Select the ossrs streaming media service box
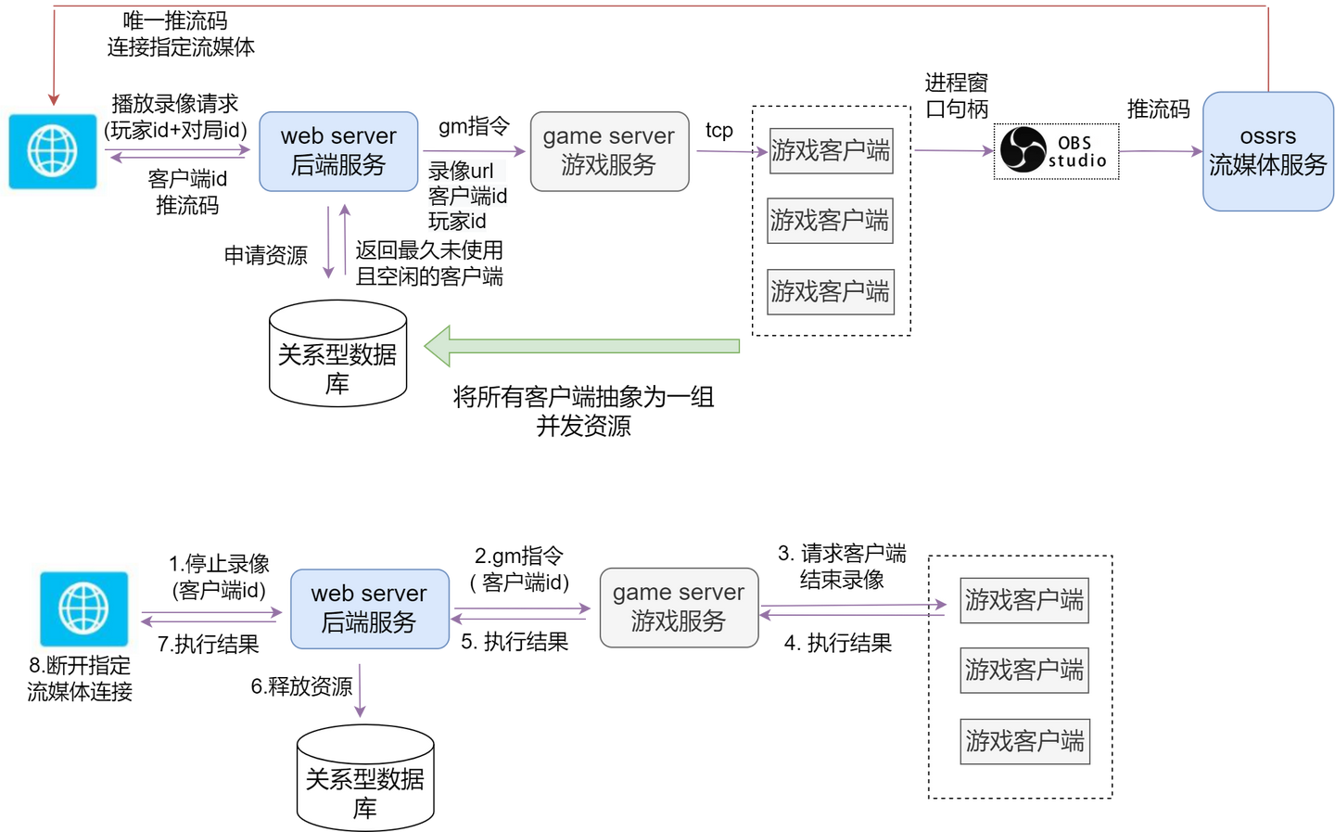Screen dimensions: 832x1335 coord(1267,151)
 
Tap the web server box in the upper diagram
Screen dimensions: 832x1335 coord(338,151)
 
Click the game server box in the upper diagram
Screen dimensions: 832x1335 coord(609,151)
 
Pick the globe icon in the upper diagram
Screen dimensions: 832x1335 coord(53,150)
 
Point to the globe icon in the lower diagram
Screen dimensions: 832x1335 coord(83,608)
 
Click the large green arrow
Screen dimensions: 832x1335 coord(582,346)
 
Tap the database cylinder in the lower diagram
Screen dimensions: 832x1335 coord(365,779)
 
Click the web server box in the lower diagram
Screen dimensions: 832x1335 coord(369,608)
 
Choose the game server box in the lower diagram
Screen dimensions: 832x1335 coord(679,608)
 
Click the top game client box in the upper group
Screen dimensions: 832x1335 coord(830,150)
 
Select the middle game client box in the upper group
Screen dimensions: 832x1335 coord(830,221)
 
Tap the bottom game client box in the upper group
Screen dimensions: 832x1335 coord(830,291)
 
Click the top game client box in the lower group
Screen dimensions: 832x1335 coord(1023,600)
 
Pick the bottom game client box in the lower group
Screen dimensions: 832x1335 coord(1024,741)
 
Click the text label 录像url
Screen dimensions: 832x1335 coord(462,172)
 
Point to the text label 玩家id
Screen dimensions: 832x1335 coord(457,222)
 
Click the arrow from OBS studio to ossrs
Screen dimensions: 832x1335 coord(1159,151)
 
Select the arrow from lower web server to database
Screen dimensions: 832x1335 coord(360,690)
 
